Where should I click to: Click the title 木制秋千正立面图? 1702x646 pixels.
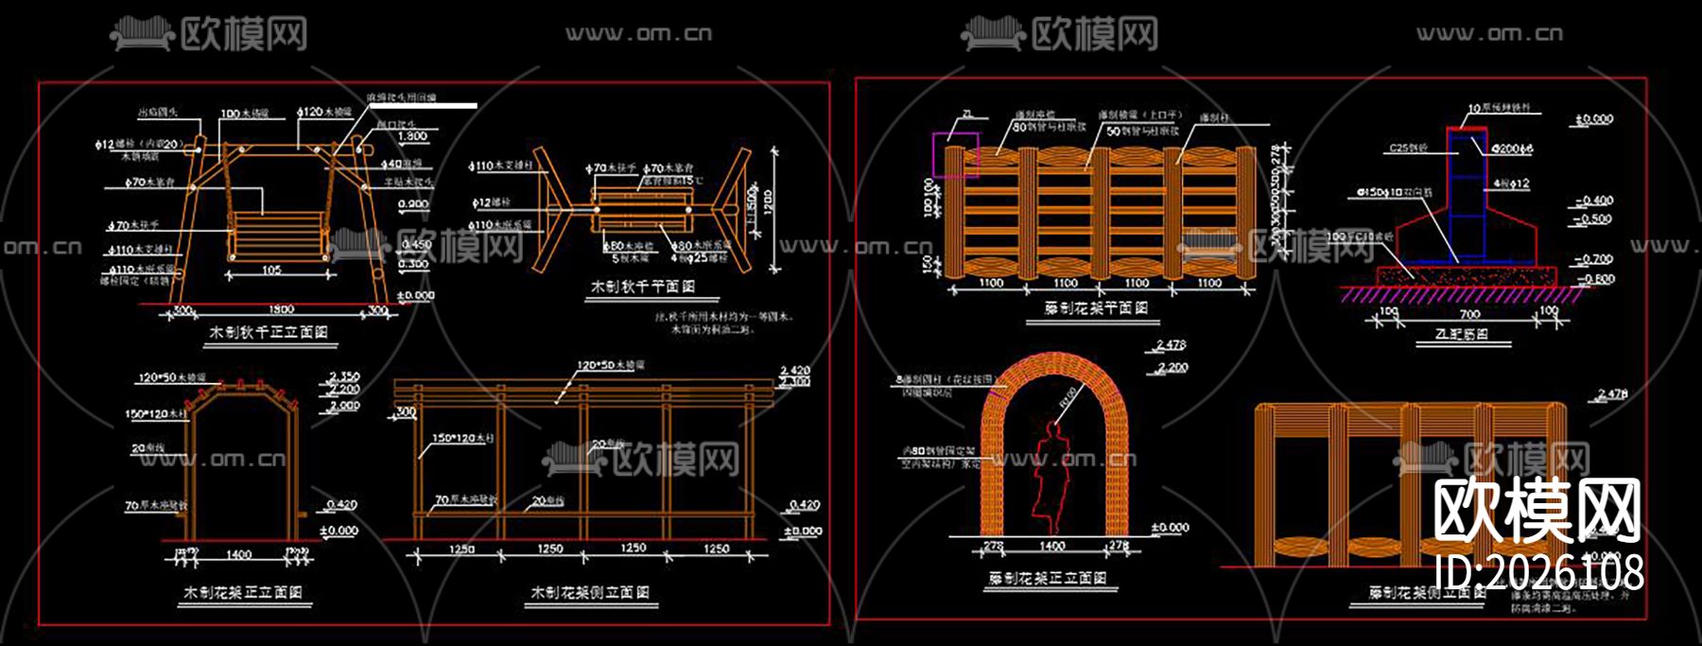pyautogui.click(x=269, y=333)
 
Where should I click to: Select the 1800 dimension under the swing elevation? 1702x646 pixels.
pyautogui.click(x=281, y=309)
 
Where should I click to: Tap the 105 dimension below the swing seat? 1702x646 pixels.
pyautogui.click(x=271, y=271)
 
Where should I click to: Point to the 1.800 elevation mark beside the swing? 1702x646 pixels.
pyautogui.click(x=412, y=136)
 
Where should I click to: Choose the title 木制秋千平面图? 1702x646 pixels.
pyautogui.click(x=643, y=286)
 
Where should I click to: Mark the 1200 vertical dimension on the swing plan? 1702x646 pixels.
pyautogui.click(x=768, y=201)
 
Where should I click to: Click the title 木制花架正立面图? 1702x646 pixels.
pyautogui.click(x=243, y=592)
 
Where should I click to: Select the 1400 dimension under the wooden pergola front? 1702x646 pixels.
pyautogui.click(x=238, y=555)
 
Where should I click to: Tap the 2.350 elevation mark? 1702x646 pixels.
pyautogui.click(x=344, y=377)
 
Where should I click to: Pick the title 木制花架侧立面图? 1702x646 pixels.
pyautogui.click(x=590, y=592)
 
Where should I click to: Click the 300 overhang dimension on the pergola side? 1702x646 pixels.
pyautogui.click(x=406, y=412)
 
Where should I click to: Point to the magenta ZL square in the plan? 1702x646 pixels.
pyautogui.click(x=956, y=153)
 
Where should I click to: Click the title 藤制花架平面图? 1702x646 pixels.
pyautogui.click(x=1096, y=308)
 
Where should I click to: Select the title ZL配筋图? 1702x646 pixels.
pyautogui.click(x=1461, y=334)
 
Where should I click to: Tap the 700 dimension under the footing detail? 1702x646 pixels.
pyautogui.click(x=1469, y=314)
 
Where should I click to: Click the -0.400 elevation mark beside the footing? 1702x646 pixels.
pyautogui.click(x=1595, y=201)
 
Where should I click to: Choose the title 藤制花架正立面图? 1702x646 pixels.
pyautogui.click(x=1048, y=578)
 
